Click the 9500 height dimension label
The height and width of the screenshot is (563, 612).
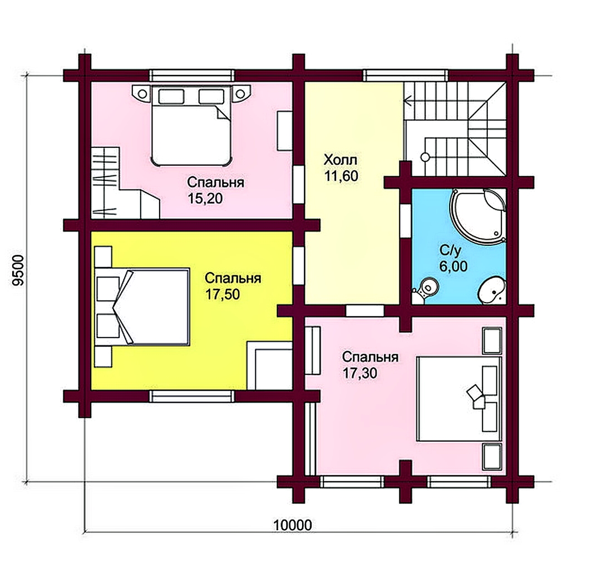coord(18,271)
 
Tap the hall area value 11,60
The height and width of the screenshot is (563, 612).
coord(341,176)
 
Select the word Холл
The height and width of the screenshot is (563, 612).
coord(340,160)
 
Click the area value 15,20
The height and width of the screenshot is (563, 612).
coord(205,199)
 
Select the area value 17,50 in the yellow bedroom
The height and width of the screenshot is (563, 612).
coord(223,294)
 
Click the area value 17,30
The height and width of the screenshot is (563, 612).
coord(360,373)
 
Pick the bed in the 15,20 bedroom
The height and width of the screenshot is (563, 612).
coord(191,125)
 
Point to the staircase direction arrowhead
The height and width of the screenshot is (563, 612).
coord(408,101)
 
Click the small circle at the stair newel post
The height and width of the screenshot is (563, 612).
coord(425,157)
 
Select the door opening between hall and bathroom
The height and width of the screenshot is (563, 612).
coord(406,221)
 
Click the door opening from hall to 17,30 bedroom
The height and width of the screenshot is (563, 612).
coord(365,311)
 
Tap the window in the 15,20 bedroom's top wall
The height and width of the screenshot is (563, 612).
coord(191,75)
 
